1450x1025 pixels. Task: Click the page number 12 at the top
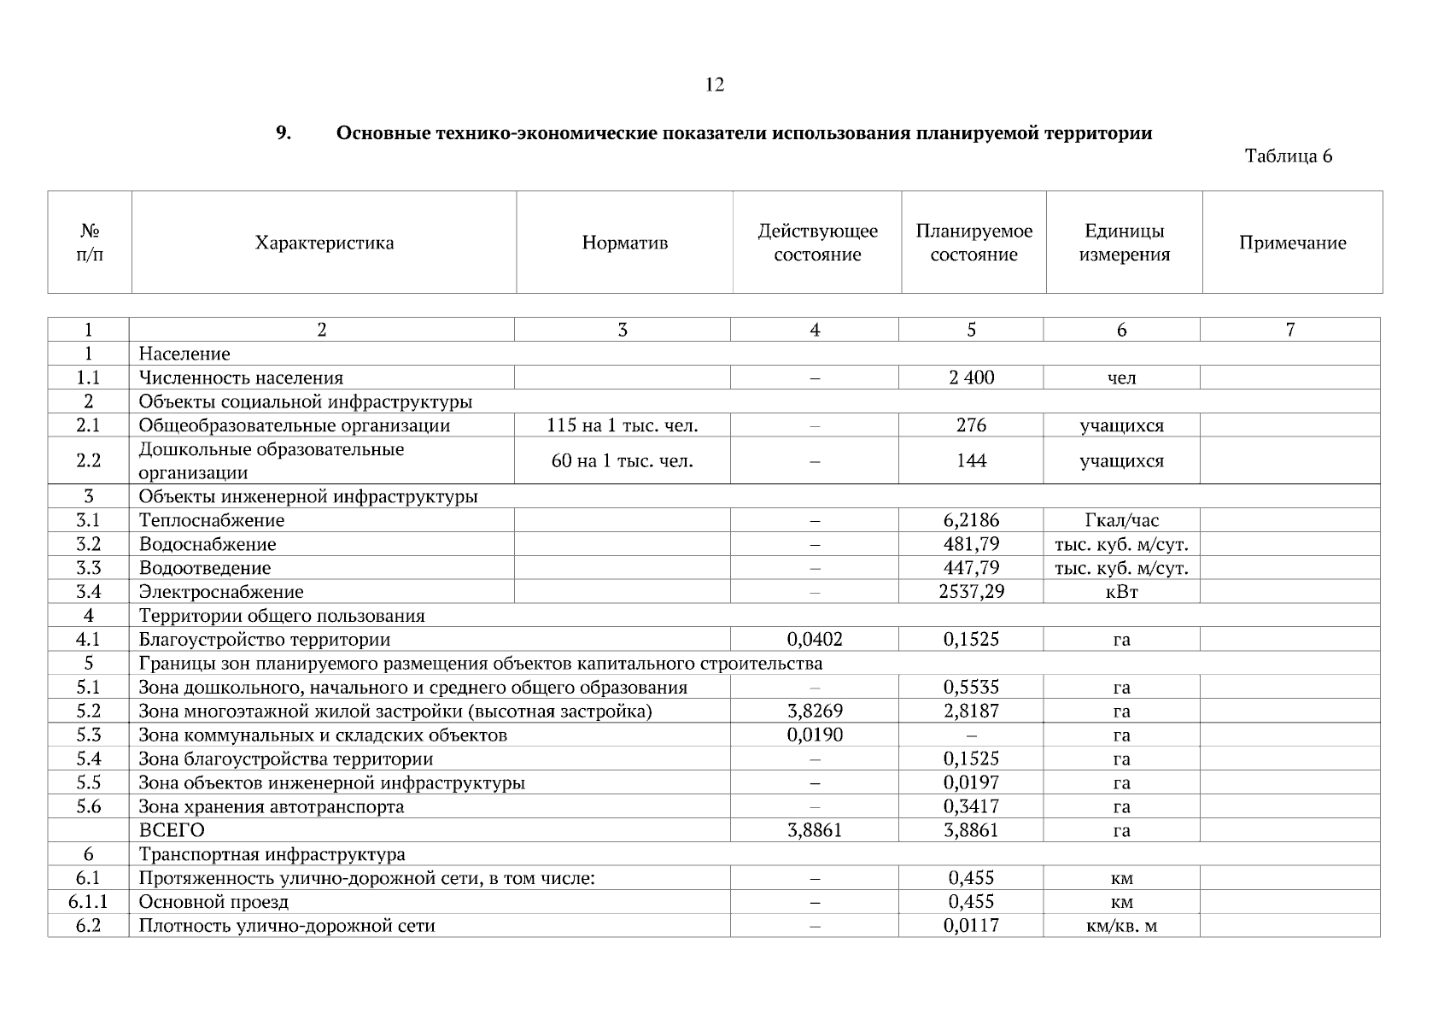pos(715,85)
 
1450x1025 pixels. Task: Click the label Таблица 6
pos(1288,156)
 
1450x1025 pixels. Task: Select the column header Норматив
pos(624,243)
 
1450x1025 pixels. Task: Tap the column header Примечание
pos(1292,243)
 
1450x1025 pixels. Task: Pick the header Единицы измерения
pos(1124,243)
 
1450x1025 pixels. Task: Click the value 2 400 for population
pos(971,378)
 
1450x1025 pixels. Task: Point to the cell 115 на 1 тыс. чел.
pos(622,425)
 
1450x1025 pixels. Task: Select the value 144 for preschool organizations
pos(971,461)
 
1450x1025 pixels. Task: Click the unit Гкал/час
pos(1120,520)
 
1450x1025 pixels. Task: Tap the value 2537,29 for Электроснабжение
pos(971,591)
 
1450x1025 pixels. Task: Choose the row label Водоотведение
pos(205,568)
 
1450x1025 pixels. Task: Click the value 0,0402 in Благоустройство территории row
pos(814,639)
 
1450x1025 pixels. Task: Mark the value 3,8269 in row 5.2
pos(814,711)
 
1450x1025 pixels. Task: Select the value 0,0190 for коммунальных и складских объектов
pos(814,735)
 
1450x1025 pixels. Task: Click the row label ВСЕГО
pos(172,830)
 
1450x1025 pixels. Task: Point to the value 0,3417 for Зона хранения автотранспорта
pos(971,806)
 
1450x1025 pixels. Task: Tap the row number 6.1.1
pos(88,902)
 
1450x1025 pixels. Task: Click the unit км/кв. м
pos(1120,926)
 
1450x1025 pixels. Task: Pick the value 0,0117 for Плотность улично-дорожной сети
pos(971,926)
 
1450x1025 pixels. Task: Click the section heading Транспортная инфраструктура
pos(272,854)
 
